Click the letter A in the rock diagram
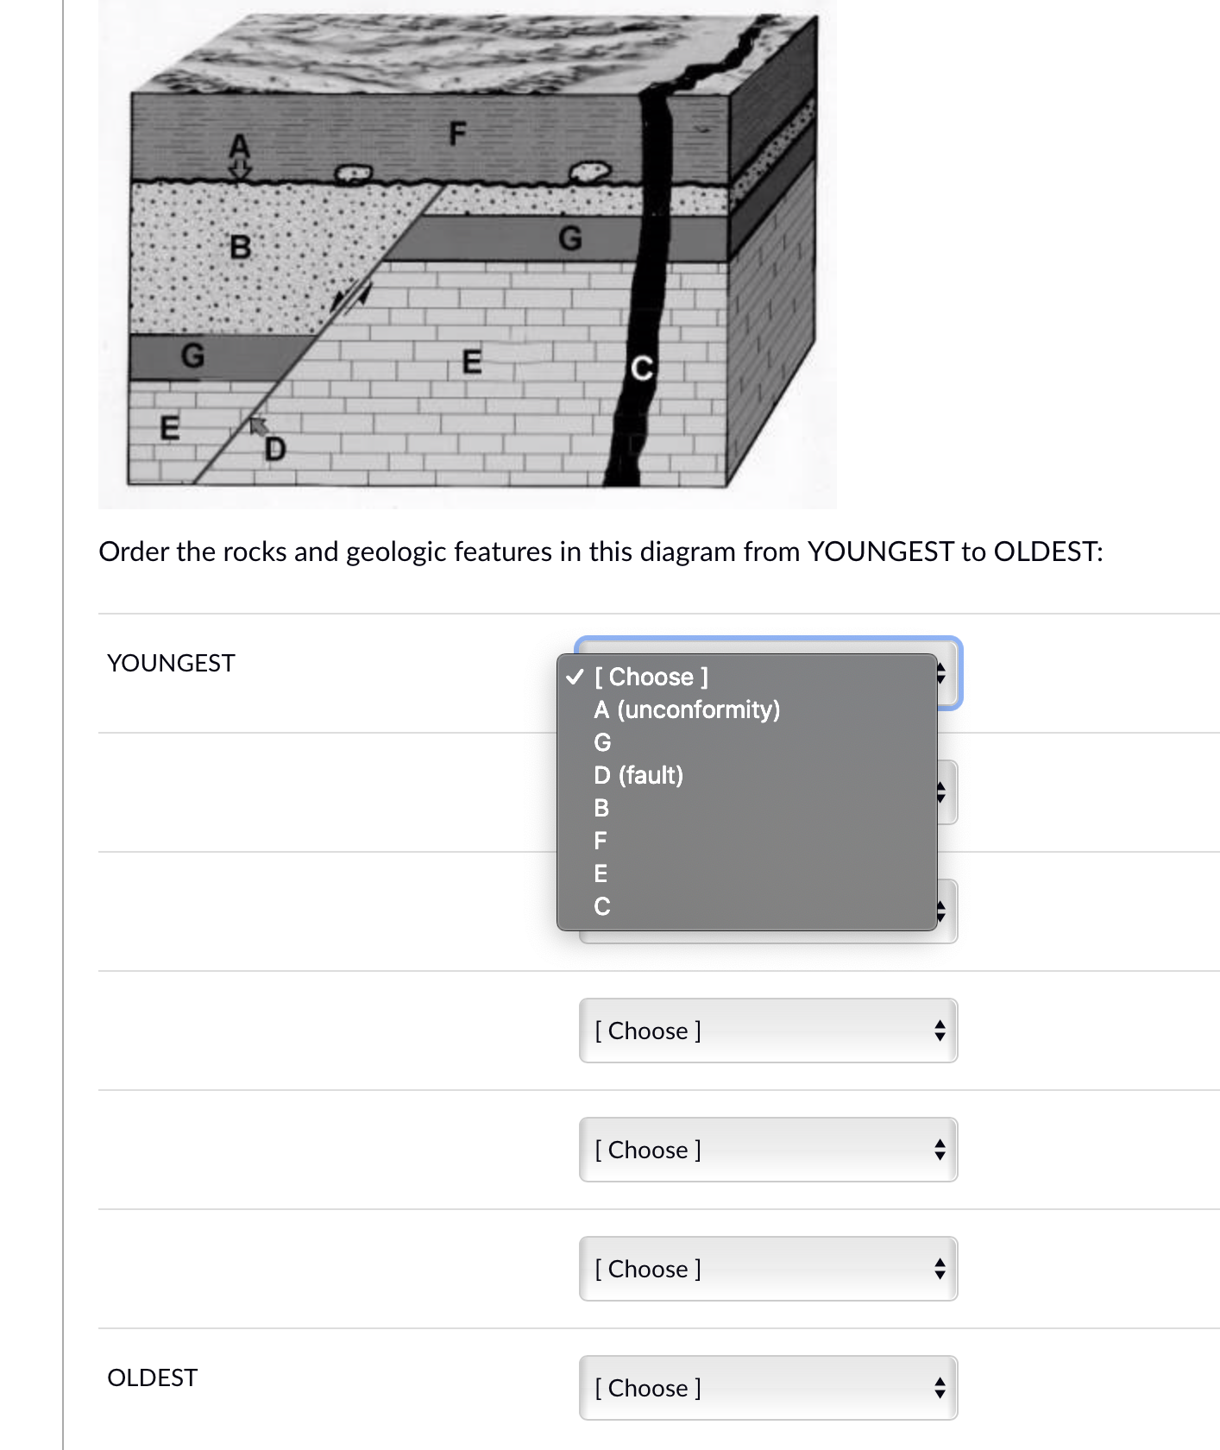pyautogui.click(x=239, y=145)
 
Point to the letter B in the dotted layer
pyautogui.click(x=240, y=247)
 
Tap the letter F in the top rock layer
pyautogui.click(x=457, y=134)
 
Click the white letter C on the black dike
pyautogui.click(x=641, y=369)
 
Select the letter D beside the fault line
pyautogui.click(x=274, y=449)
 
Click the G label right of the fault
pyautogui.click(x=570, y=238)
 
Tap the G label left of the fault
pyautogui.click(x=192, y=355)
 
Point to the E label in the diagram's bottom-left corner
pyautogui.click(x=170, y=428)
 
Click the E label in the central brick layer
pyautogui.click(x=471, y=361)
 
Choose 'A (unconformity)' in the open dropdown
pyautogui.click(x=687, y=709)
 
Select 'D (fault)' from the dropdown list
pyautogui.click(x=638, y=775)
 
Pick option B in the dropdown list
pyautogui.click(x=601, y=808)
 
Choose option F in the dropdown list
pyautogui.click(x=601, y=841)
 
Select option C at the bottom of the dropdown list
pyautogui.click(x=601, y=906)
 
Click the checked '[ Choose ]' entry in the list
pyautogui.click(x=651, y=677)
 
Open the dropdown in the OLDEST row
pyautogui.click(x=768, y=1388)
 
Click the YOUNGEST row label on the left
pyautogui.click(x=171, y=663)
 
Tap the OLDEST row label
pyautogui.click(x=152, y=1377)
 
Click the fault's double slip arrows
pyautogui.click(x=351, y=297)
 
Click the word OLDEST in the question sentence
pyautogui.click(x=1047, y=552)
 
